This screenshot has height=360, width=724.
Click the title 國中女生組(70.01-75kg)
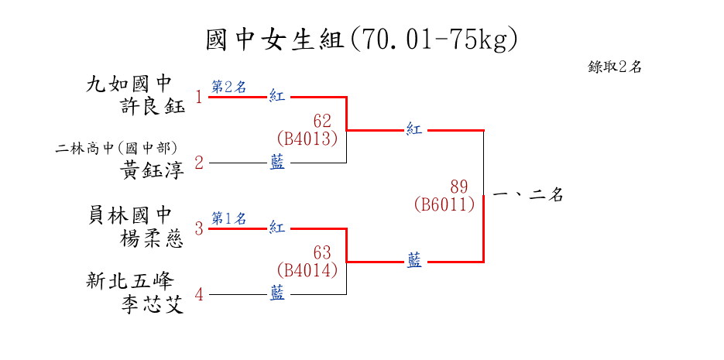point(362,40)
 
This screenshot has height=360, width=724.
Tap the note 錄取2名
point(615,67)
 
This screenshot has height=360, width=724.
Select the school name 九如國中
point(129,84)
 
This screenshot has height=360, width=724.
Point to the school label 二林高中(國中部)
point(116,149)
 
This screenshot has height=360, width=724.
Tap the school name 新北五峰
point(129,280)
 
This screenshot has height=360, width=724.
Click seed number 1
point(199,98)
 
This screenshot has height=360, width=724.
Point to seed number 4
point(199,294)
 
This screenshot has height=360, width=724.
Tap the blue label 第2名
point(228,86)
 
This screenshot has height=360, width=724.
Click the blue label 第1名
point(228,218)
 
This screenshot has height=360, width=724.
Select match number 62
point(322,121)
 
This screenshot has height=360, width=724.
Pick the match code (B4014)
point(307,270)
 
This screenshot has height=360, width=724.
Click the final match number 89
point(459,187)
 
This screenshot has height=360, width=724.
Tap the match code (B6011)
point(444,204)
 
